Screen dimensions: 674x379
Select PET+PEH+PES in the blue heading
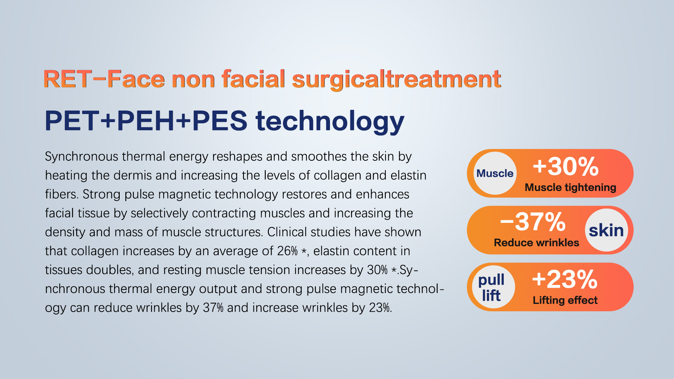146,121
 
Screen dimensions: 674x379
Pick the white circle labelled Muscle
495,173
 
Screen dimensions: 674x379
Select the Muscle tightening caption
570,187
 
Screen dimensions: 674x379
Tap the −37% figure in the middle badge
533,222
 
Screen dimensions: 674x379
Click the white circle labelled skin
606,230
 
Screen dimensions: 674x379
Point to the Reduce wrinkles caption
536,242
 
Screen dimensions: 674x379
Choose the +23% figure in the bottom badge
564,280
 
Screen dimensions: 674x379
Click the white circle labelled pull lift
493,287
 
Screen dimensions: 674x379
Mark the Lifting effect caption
565,300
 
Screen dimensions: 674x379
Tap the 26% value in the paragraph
287,251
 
